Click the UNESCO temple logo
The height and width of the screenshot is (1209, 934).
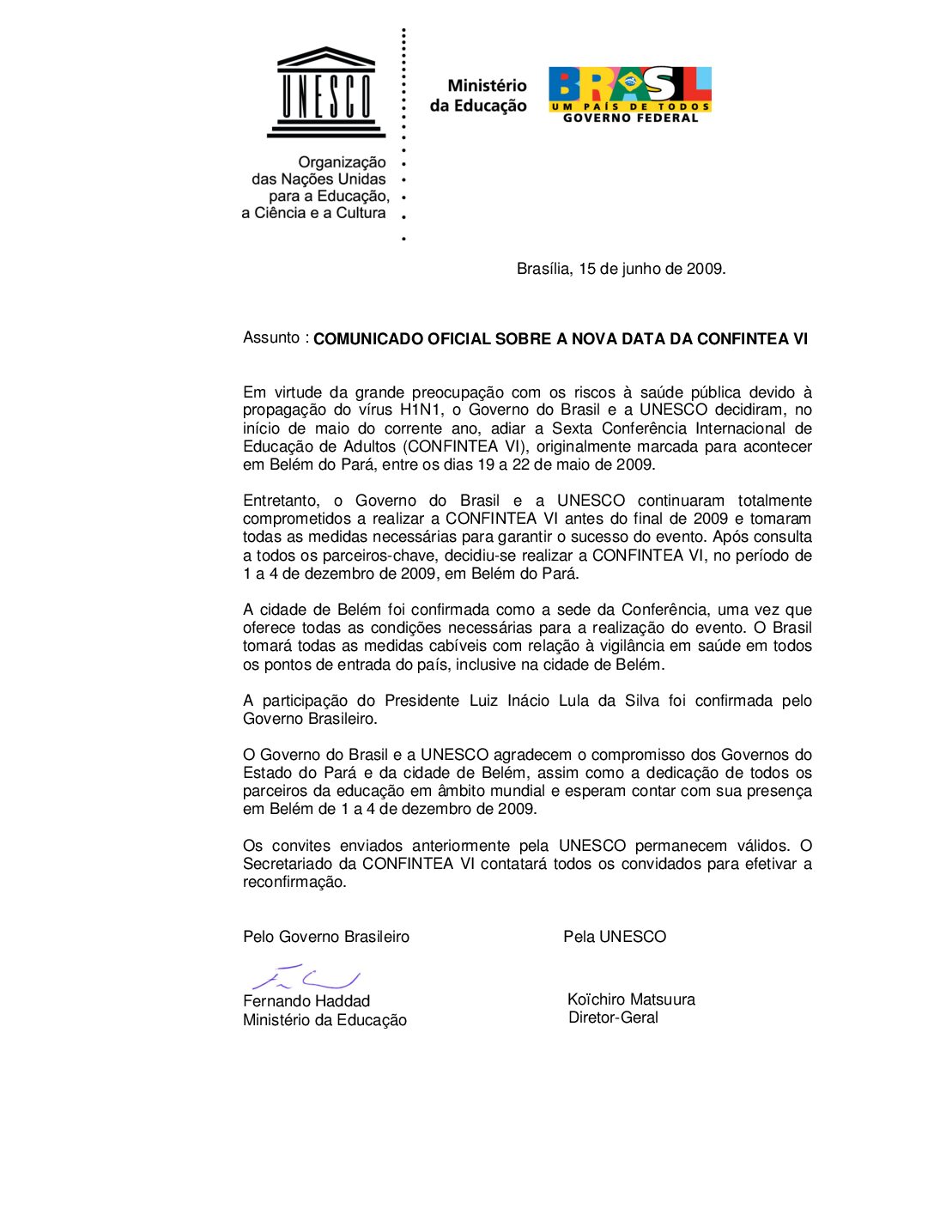[326, 93]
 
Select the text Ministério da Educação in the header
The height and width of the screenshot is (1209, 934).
[479, 95]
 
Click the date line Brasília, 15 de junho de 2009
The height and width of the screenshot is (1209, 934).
[621, 269]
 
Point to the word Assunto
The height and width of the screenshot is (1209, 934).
[271, 337]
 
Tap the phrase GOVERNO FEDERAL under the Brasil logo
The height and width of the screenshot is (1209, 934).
[630, 118]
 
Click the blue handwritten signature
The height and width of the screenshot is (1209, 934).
[306, 977]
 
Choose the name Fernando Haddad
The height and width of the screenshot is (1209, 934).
[306, 1001]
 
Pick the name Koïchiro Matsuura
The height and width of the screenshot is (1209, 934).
[631, 999]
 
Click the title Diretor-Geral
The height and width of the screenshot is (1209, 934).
[613, 1018]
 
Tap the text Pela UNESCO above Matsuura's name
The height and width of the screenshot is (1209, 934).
[615, 937]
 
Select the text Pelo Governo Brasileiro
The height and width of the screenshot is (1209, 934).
[326, 937]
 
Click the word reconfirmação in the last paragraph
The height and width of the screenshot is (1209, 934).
[294, 882]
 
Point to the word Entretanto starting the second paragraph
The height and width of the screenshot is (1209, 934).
[281, 501]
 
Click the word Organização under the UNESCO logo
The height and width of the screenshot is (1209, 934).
[342, 162]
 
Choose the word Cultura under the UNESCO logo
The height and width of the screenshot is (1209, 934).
[361, 213]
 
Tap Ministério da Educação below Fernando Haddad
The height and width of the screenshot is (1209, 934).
[324, 1020]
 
